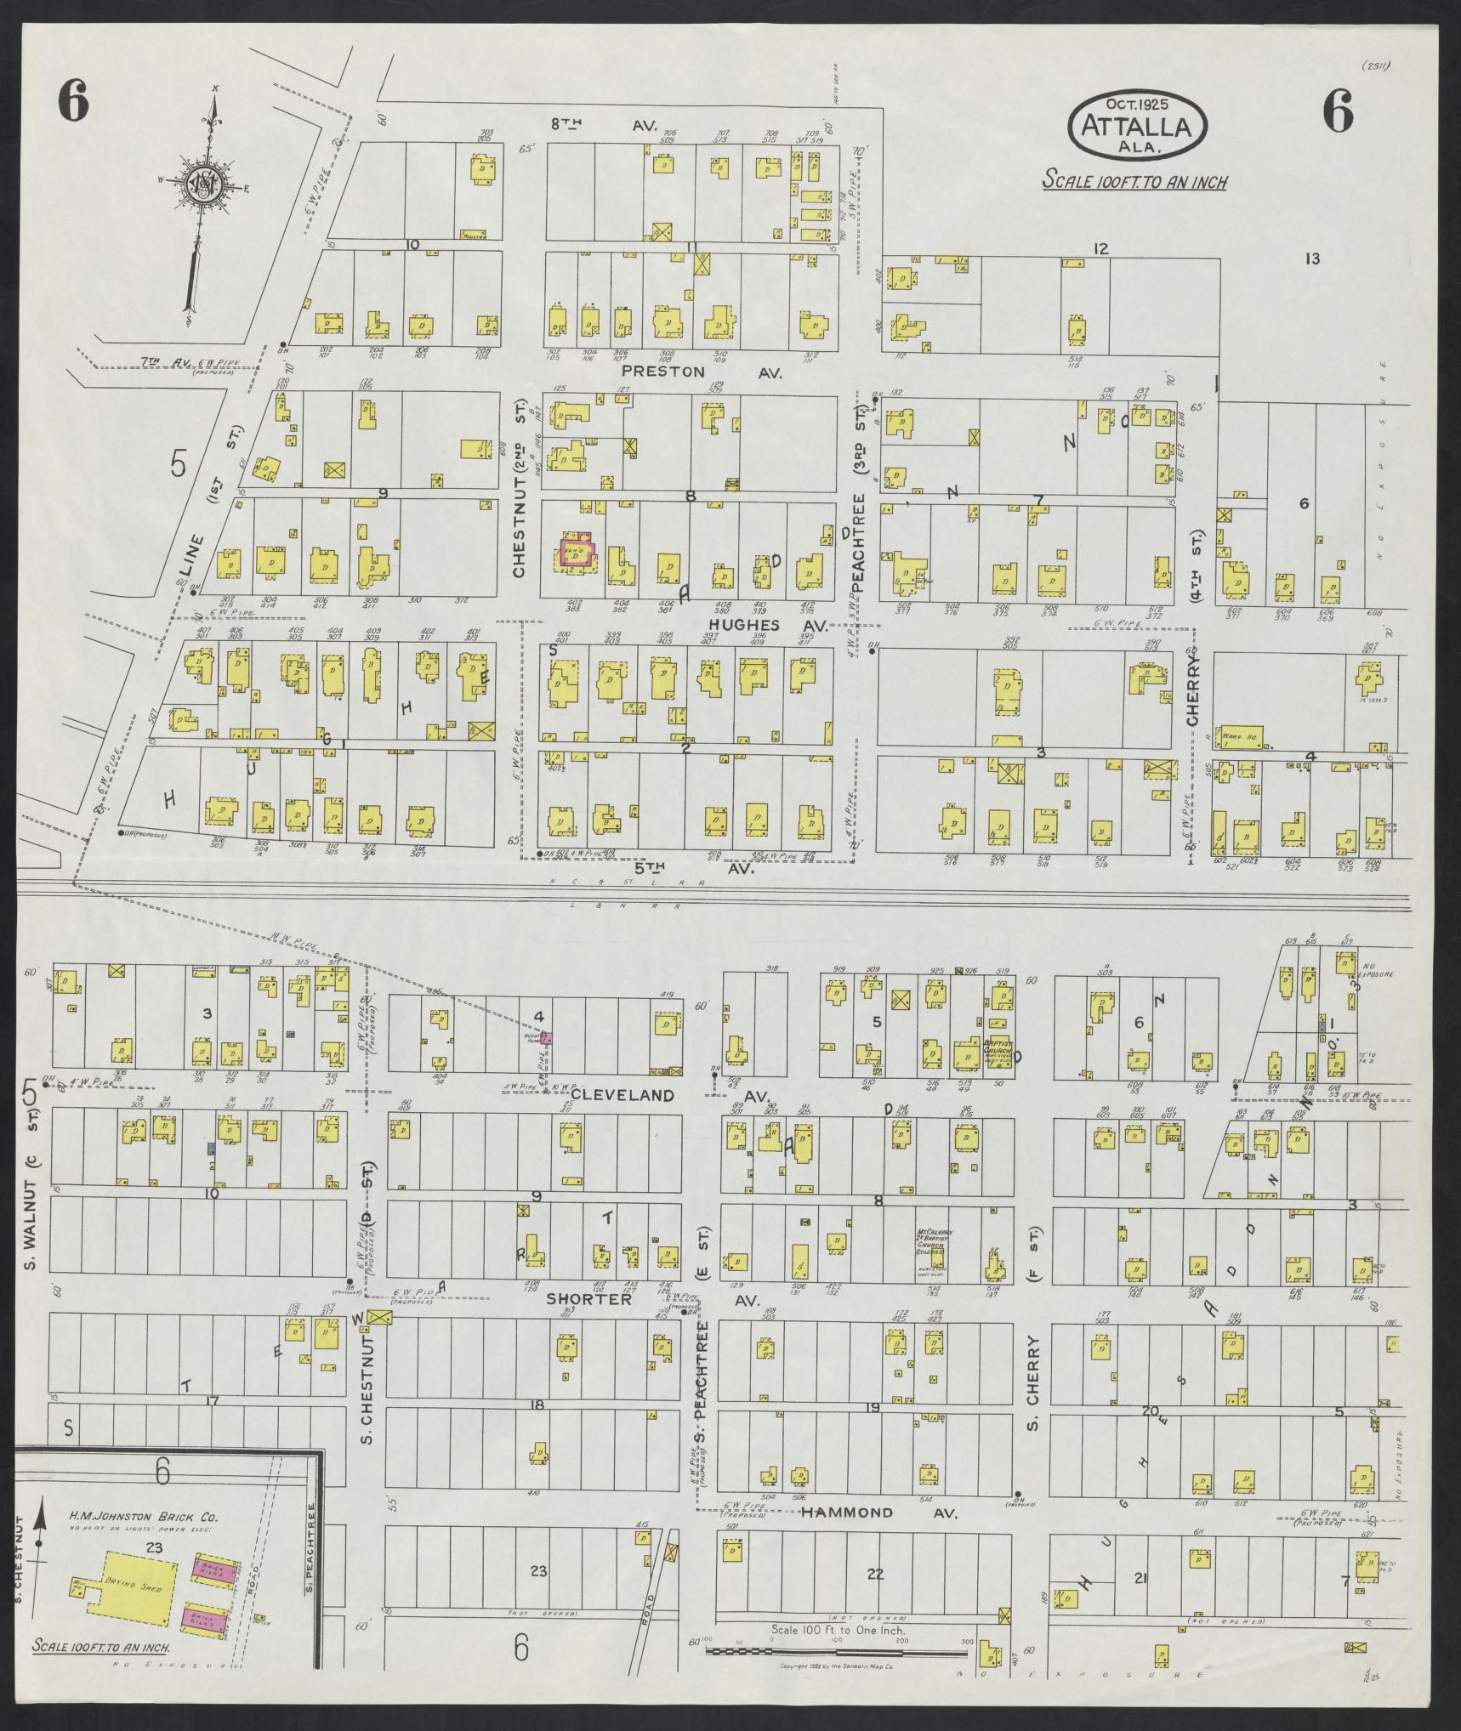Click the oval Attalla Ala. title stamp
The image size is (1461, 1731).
click(1137, 125)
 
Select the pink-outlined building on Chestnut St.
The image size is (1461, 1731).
click(576, 549)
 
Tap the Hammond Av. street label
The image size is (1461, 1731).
click(847, 1512)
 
